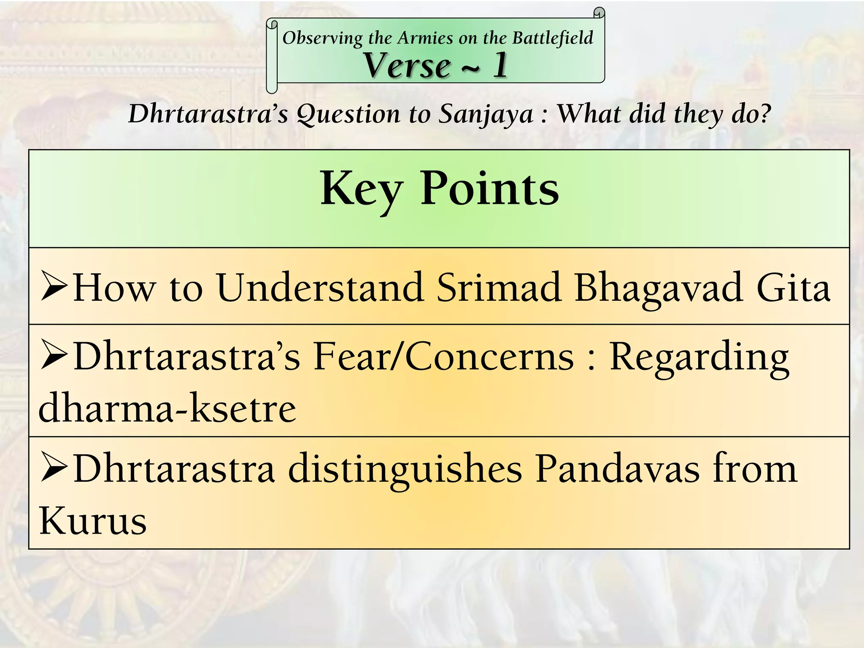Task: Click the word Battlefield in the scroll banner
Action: coord(553,38)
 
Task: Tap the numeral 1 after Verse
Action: coord(500,65)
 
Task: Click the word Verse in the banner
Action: coord(407,65)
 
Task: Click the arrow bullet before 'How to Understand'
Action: coord(54,287)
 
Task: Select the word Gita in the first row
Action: coord(793,288)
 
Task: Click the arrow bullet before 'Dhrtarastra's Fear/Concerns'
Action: coord(54,356)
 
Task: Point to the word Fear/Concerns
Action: coord(443,357)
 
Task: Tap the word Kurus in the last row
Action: coord(93,521)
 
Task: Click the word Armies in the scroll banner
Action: coord(426,38)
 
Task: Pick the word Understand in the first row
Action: coord(320,288)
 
